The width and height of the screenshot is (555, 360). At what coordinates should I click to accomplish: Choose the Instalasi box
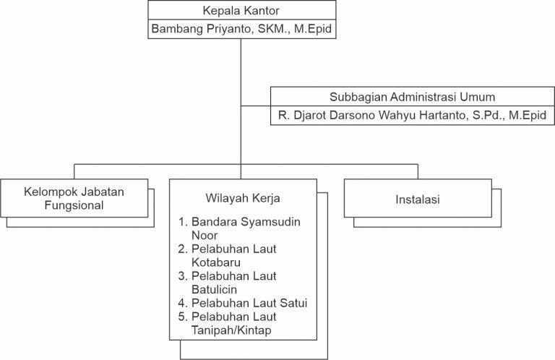(x=418, y=198)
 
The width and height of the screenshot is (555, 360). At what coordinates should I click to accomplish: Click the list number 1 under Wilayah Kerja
(x=183, y=221)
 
